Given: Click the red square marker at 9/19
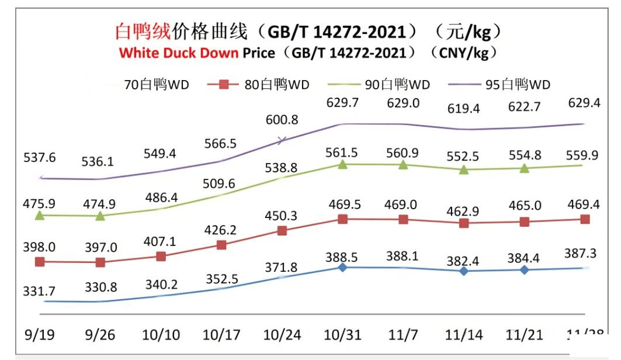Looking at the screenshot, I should tap(40, 262).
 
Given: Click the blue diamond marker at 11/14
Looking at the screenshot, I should tap(464, 271).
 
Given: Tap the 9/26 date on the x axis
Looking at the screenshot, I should tap(100, 335).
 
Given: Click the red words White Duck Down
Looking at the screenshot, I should tap(179, 53).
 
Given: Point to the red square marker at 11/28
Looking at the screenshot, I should tap(585, 219).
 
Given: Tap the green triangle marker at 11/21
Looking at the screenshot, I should tap(525, 168).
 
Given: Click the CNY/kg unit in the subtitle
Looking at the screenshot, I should tap(463, 53).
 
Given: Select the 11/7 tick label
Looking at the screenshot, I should tap(403, 335).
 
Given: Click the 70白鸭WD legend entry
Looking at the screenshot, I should tap(146, 85).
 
